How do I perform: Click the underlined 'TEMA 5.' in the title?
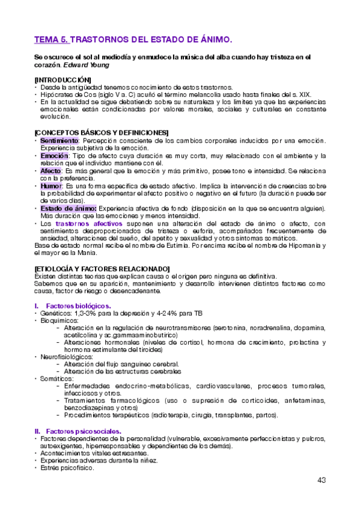(x=52, y=40)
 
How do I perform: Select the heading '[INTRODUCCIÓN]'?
(x=63, y=79)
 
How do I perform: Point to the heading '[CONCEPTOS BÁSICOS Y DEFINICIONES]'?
(x=101, y=132)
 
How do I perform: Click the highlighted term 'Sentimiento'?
(x=59, y=140)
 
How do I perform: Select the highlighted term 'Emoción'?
(x=53, y=156)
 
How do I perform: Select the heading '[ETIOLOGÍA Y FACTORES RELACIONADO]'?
(x=102, y=268)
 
